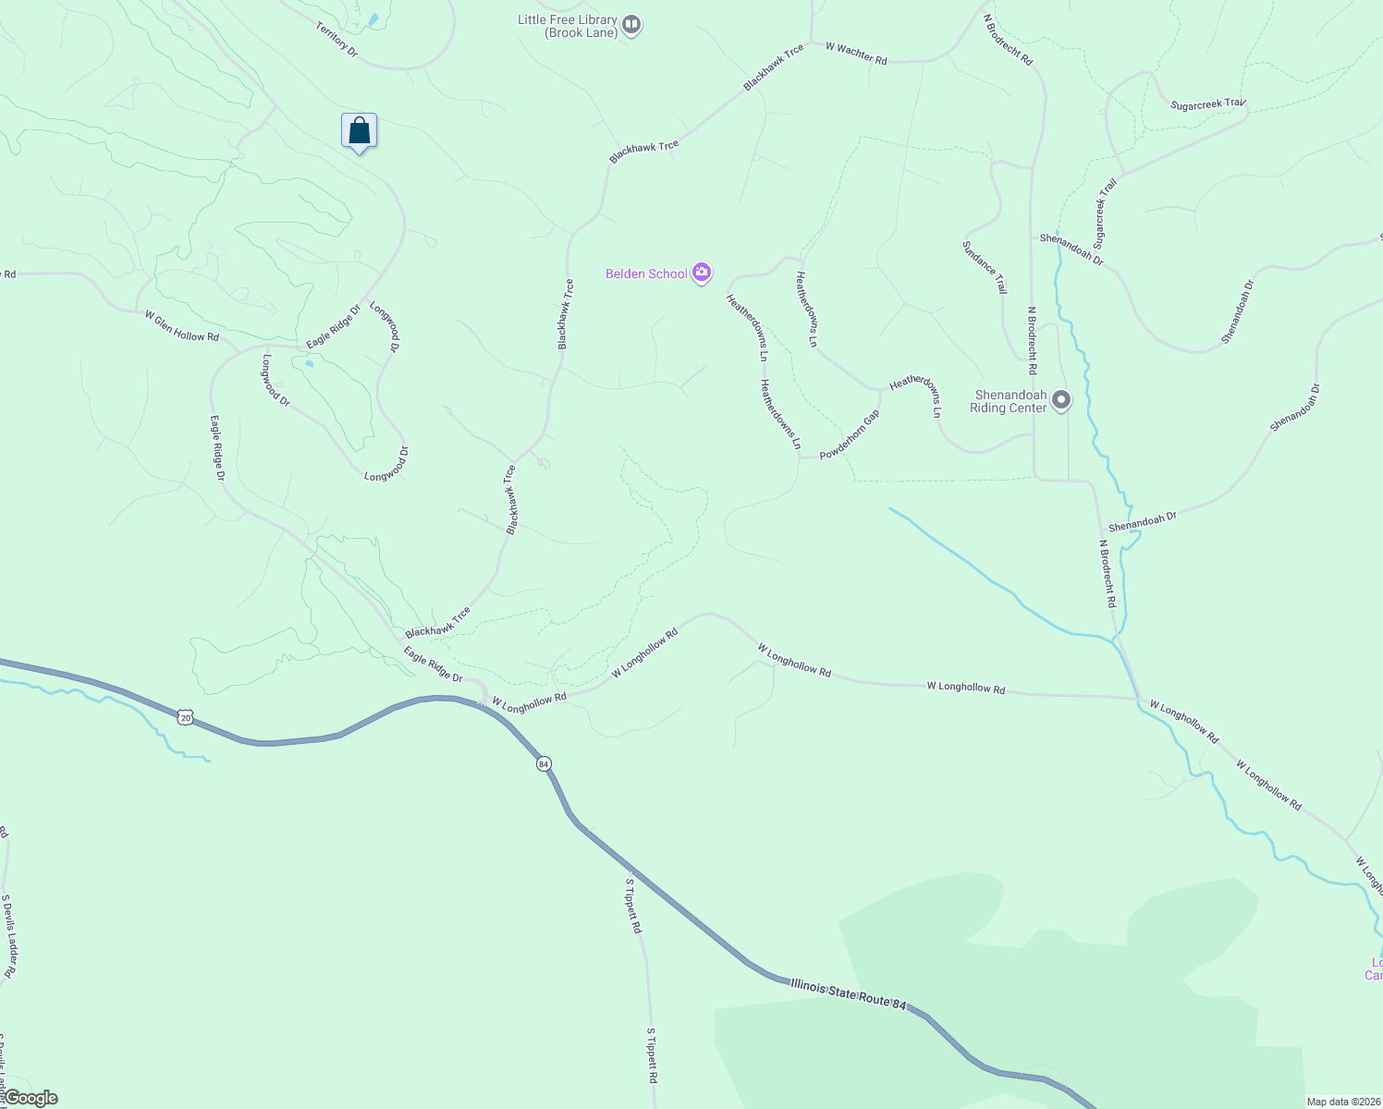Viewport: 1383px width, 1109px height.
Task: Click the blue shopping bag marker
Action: click(359, 131)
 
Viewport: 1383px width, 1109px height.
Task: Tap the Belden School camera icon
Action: click(702, 273)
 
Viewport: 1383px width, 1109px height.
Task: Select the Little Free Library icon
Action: click(631, 25)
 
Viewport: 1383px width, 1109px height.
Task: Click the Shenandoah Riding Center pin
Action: click(1061, 400)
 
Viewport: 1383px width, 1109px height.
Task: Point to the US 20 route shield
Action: click(186, 717)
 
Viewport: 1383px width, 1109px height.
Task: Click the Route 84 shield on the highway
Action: click(544, 763)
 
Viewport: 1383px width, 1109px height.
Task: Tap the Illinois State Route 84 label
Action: click(848, 994)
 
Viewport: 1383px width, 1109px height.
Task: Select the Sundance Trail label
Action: click(985, 267)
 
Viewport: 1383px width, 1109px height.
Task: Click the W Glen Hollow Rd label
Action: click(182, 325)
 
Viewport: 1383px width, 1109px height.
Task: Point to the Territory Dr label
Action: click(337, 40)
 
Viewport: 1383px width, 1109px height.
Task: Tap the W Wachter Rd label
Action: click(856, 54)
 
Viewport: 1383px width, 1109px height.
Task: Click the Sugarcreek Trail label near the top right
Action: click(1208, 104)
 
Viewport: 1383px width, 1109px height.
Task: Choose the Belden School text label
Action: click(646, 274)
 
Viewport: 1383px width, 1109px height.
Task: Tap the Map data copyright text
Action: click(1342, 1102)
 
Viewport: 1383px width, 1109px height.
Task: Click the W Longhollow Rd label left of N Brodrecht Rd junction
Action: click(965, 688)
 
